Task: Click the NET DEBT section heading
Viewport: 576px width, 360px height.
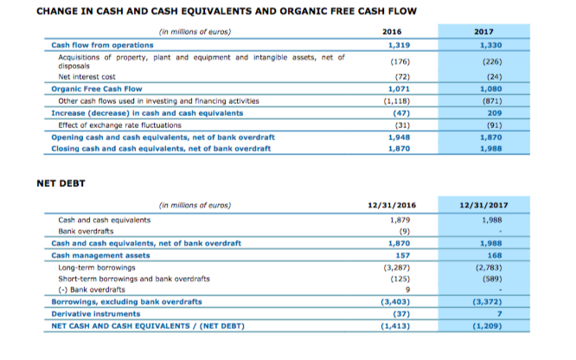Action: coord(61,183)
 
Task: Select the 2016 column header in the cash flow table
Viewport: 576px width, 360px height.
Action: coord(392,32)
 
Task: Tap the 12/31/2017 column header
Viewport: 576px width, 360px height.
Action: coord(483,205)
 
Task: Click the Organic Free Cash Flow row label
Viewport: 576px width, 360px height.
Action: coord(97,89)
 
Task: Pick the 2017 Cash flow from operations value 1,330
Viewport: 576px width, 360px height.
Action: coord(490,45)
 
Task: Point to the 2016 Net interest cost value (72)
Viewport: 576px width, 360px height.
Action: coord(402,77)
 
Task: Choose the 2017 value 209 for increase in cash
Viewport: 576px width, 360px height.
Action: coord(495,113)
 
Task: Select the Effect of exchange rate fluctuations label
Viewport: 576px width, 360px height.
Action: coord(119,125)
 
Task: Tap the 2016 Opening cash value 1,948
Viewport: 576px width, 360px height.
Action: coord(399,138)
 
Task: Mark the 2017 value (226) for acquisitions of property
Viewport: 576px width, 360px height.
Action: coord(492,61)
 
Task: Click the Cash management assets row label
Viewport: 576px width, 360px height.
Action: coord(100,255)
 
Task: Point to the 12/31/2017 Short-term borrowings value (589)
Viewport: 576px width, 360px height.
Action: coord(492,280)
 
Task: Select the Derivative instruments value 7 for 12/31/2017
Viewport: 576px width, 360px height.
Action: coord(499,314)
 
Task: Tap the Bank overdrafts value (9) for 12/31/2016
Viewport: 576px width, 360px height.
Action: coord(405,231)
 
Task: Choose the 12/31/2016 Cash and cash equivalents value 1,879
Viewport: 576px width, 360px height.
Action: coord(400,221)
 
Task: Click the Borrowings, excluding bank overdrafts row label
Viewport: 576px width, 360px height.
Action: coord(127,302)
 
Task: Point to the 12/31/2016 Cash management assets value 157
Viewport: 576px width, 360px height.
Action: coord(403,255)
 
